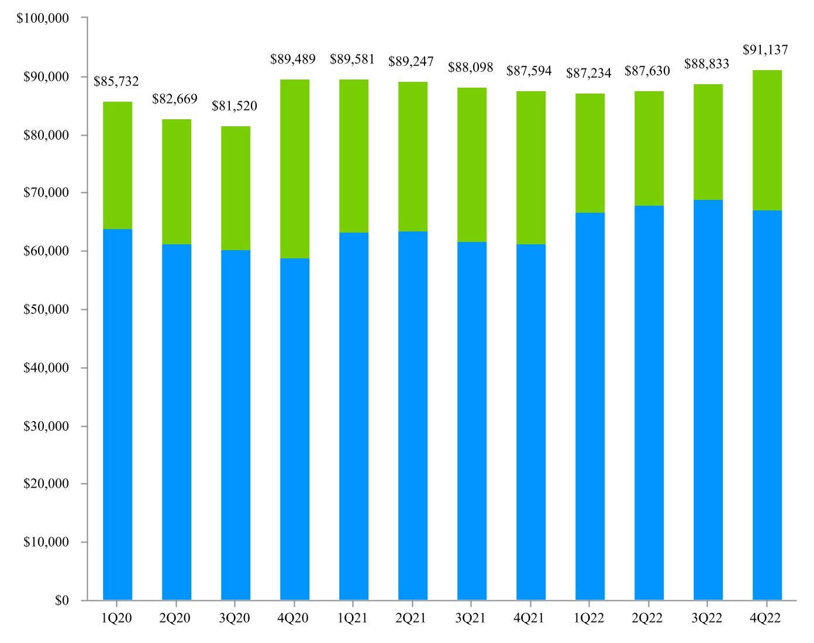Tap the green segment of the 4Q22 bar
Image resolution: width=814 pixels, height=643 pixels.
tap(767, 140)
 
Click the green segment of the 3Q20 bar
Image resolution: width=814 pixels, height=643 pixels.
tap(235, 188)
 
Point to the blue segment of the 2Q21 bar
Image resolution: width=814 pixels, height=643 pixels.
tap(412, 415)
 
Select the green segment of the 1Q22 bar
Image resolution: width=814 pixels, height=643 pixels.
tap(589, 153)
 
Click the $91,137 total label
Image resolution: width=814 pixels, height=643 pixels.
tap(765, 50)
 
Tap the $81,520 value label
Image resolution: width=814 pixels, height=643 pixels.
tap(234, 106)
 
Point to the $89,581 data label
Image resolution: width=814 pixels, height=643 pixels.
tap(352, 60)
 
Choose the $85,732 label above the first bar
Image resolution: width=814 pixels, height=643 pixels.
tap(116, 82)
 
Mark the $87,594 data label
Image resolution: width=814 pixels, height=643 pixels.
tap(529, 71)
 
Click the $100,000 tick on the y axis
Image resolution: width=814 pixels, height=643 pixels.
tap(43, 18)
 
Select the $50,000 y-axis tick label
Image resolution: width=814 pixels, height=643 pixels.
tap(46, 309)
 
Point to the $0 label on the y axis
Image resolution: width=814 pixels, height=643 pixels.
tap(61, 600)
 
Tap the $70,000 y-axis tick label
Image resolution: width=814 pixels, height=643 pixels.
tap(46, 193)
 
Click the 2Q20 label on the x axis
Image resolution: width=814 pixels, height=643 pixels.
tap(175, 618)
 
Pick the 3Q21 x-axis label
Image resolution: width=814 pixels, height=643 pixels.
tap(470, 618)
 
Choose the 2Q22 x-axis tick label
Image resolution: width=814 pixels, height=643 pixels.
tap(647, 618)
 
